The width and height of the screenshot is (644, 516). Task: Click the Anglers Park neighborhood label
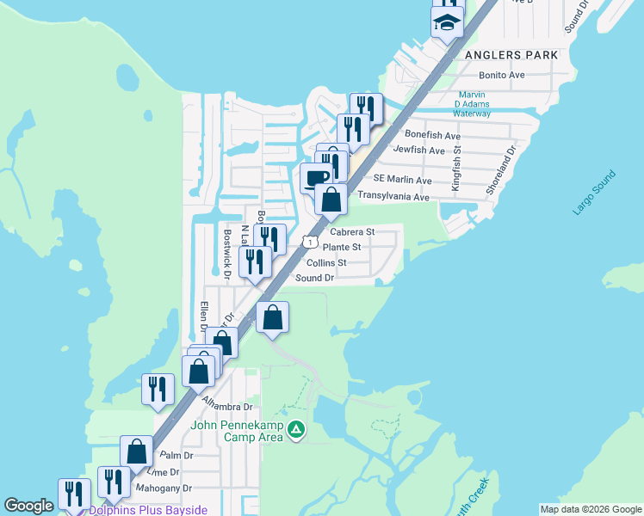click(x=511, y=54)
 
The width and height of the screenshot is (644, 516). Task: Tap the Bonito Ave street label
click(x=502, y=76)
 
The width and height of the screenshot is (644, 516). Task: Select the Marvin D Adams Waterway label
click(x=472, y=104)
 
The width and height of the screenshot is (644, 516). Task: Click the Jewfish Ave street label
click(x=418, y=150)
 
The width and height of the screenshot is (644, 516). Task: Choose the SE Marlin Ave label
click(x=403, y=180)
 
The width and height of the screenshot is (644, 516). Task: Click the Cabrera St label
click(x=352, y=231)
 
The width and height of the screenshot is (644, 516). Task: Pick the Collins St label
click(x=326, y=262)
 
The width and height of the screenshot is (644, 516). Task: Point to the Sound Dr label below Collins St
click(x=314, y=278)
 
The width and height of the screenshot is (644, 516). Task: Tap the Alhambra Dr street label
click(x=227, y=406)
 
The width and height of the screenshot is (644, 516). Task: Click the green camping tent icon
click(x=296, y=428)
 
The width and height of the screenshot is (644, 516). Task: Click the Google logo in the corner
click(x=28, y=506)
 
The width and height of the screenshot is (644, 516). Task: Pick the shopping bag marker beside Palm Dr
click(x=137, y=450)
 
